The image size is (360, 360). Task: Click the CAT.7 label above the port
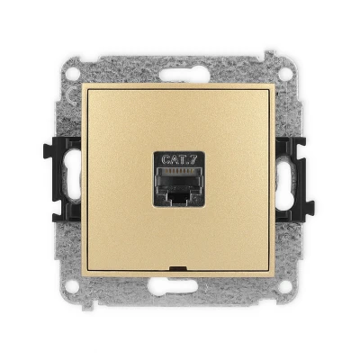pyautogui.click(x=179, y=159)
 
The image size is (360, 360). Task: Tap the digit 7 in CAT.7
pyautogui.click(x=193, y=159)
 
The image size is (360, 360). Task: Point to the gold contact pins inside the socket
pyautogui.click(x=179, y=171)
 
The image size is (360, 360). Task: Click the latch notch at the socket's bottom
pyautogui.click(x=179, y=198)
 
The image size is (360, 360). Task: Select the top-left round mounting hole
pyautogui.click(x=72, y=74)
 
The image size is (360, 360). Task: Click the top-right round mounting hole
pyautogui.click(x=285, y=74)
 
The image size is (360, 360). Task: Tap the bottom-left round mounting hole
pyautogui.click(x=72, y=286)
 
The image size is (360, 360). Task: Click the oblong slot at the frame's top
pyautogui.click(x=184, y=74)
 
